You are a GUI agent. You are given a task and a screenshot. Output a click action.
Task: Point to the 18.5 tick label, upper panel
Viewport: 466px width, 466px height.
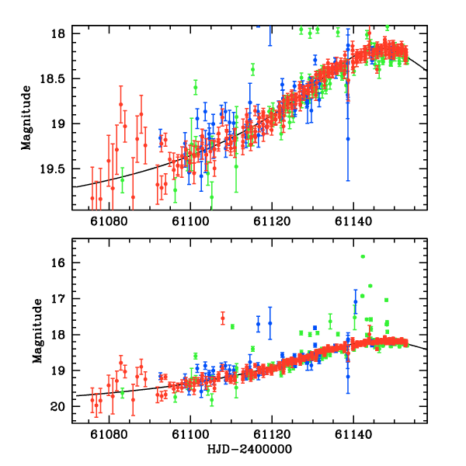(55, 78)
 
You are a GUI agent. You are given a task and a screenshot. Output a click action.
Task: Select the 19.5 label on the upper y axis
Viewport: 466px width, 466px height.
(55, 169)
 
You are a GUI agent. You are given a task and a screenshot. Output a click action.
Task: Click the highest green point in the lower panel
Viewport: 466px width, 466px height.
(363, 256)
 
